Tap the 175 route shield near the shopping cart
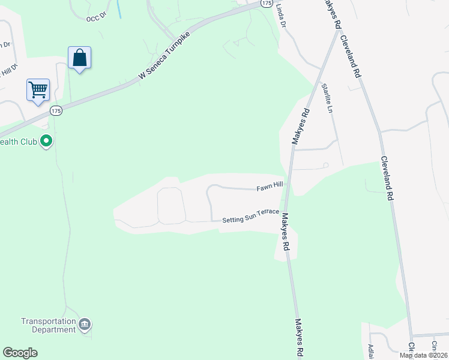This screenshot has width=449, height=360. coord(56,110)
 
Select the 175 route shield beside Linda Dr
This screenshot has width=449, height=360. coord(267,3)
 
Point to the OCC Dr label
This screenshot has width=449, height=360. coord(95,19)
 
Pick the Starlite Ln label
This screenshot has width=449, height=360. coord(327,98)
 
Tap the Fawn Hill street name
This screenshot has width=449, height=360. coord(270,188)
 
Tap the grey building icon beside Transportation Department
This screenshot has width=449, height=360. coord(85,325)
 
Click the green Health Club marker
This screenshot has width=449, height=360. coord(46,142)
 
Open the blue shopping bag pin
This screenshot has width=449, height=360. coord(79,58)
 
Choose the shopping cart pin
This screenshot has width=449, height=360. coord(38,90)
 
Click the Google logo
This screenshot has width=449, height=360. coord(20,353)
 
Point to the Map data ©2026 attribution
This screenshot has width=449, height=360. coord(423,355)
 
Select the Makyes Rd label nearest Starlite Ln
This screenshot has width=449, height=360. coord(300,126)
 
